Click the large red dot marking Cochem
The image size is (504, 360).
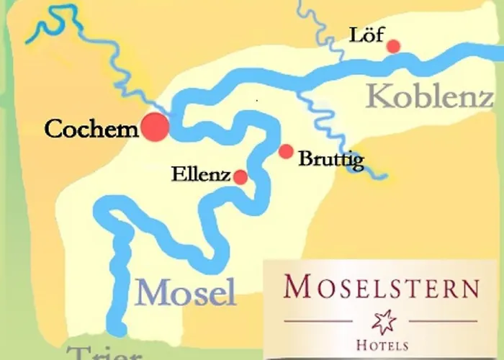[155, 127]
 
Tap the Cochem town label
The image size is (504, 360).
[91, 130]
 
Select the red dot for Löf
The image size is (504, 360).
[393, 46]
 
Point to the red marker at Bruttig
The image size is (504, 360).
[286, 151]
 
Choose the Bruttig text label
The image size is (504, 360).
[330, 159]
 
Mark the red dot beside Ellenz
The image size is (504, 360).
[240, 176]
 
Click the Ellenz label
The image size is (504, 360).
[201, 174]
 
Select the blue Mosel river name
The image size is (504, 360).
[186, 292]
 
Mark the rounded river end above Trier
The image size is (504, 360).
[115, 330]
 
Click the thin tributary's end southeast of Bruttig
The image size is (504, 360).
[384, 176]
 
